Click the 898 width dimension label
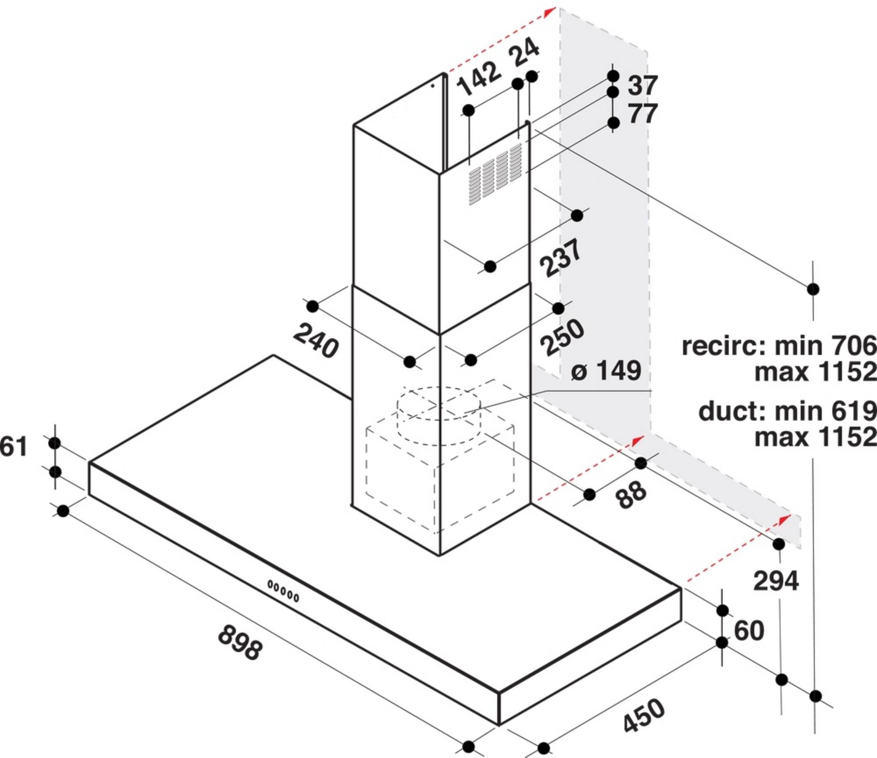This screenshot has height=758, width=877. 240,642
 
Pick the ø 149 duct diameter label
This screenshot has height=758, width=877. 606,371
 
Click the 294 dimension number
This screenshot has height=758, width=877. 776,581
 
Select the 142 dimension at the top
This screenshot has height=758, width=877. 479,79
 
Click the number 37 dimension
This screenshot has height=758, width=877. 643,85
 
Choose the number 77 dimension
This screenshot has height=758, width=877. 643,113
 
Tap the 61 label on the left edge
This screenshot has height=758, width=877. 13,447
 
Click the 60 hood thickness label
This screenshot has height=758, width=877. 749,631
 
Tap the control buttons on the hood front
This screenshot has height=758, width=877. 283,591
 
